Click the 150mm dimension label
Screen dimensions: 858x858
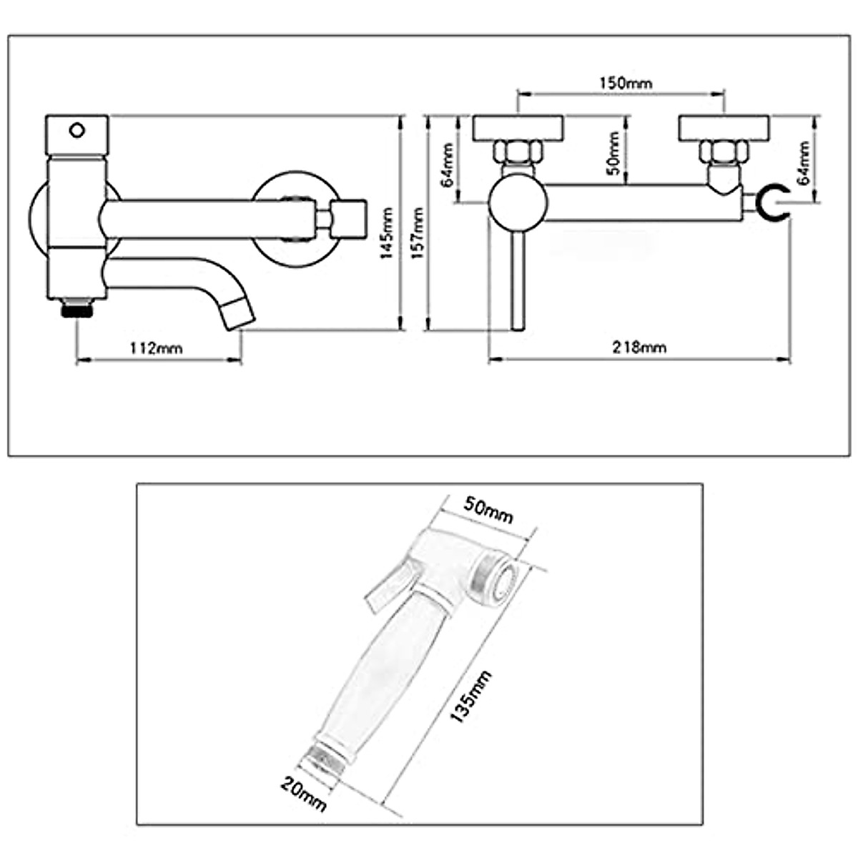pos(626,83)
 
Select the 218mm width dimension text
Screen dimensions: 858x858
pos(639,347)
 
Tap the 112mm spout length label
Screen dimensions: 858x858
pos(156,348)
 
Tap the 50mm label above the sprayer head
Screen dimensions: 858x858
pos(489,508)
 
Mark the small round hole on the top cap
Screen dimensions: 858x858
pos(77,131)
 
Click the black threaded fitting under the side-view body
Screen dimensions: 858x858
pos(77,310)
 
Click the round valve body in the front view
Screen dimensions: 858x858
pos(517,203)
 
